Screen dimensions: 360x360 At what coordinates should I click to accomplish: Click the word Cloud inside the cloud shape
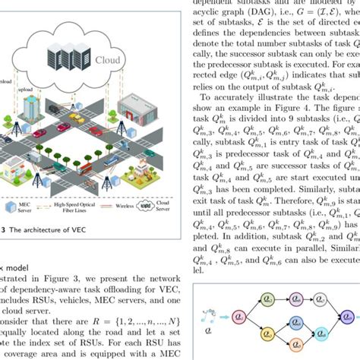pos(107,58)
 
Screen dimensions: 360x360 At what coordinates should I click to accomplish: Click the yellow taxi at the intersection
pos(77,118)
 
